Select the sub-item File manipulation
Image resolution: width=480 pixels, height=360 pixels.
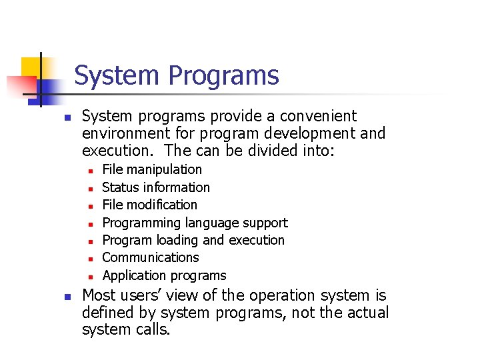tap(151, 170)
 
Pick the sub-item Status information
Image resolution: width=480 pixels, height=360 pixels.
tap(155, 187)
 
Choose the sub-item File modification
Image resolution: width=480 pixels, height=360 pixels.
tap(149, 205)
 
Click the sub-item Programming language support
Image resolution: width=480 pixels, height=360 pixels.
tap(195, 223)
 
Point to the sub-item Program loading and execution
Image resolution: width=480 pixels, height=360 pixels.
tap(193, 240)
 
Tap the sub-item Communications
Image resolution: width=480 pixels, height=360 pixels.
tap(150, 257)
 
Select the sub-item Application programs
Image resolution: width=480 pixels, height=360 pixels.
tap(164, 275)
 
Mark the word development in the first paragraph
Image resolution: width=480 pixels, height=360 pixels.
tap(312, 133)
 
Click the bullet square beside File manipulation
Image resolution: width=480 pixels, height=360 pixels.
tap(89, 171)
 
